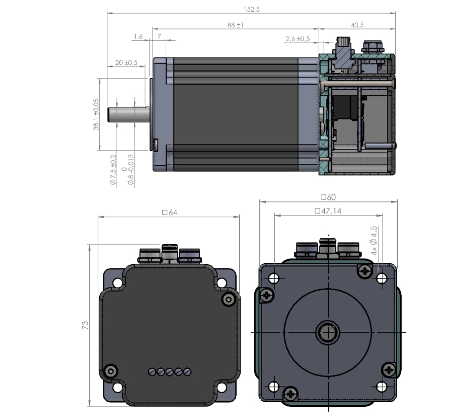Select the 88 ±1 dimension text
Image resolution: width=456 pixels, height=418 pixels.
tap(236, 24)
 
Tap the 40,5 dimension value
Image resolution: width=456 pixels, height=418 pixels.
tap(358, 24)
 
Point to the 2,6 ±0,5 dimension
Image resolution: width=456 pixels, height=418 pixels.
tap(297, 39)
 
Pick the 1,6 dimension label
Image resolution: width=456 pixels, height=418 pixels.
tap(138, 36)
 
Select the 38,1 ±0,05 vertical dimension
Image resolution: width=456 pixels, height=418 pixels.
tap(96, 114)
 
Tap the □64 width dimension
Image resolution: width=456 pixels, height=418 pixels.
tap(169, 213)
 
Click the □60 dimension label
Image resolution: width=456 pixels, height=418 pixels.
tap(328, 197)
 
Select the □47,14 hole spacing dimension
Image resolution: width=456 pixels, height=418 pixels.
tap(328, 211)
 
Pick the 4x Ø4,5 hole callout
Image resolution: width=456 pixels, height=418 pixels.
tap(374, 240)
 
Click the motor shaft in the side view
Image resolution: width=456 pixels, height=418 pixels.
tap(129, 115)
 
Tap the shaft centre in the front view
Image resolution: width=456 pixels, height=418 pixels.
tap(328, 333)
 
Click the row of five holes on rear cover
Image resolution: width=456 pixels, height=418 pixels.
tap(170, 372)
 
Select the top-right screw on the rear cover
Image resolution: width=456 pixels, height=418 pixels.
tap(229, 300)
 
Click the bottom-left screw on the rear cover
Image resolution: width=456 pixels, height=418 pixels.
tap(110, 371)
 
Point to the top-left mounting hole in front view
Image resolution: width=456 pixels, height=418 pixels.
tap(274, 278)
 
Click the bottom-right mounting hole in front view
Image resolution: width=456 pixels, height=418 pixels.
tap(382, 388)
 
